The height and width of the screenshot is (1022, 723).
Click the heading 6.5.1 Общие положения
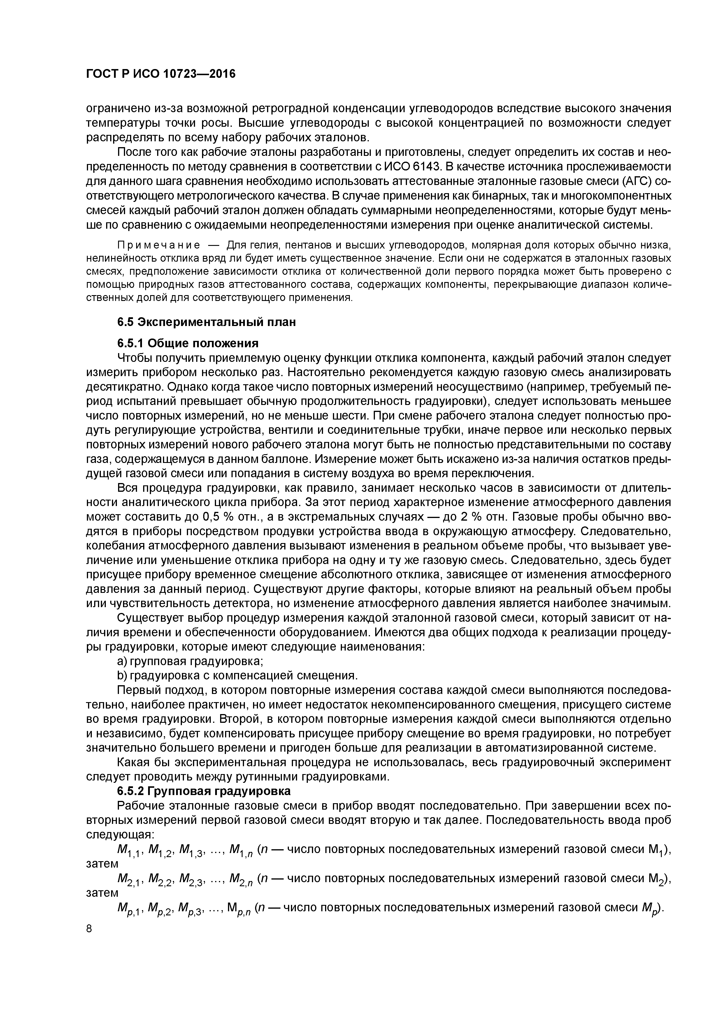(187, 343)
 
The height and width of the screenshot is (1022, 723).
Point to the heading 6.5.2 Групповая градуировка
(203, 791)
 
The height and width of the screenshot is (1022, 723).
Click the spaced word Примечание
(158, 246)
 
